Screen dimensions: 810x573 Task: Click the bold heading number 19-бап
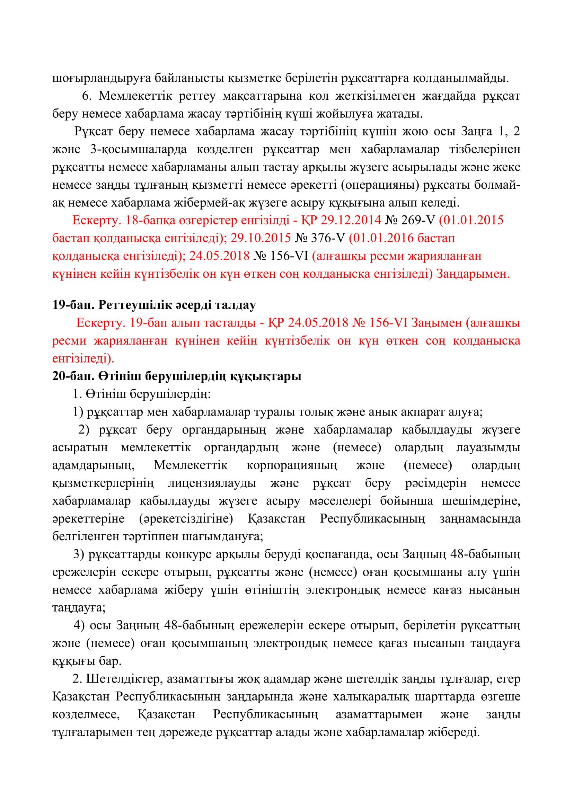pyautogui.click(x=72, y=305)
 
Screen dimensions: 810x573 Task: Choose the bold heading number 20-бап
pyautogui.click(x=72, y=376)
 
